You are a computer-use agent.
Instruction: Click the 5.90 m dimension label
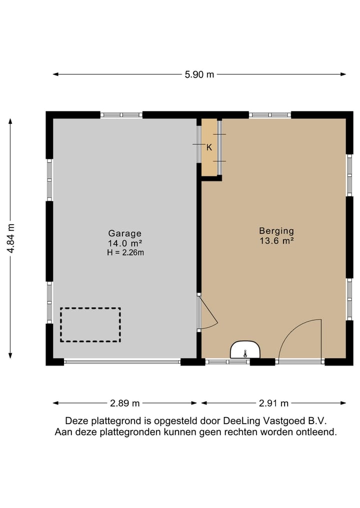199,75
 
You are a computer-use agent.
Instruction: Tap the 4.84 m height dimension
10,238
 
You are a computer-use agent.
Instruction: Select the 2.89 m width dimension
125,403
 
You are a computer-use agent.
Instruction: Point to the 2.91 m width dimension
274,403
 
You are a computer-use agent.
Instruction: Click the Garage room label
124,233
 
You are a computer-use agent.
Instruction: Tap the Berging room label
276,231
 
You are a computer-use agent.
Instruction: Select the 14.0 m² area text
124,243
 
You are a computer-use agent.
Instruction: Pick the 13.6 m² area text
276,241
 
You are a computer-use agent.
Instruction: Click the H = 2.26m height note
124,252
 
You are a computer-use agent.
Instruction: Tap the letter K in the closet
209,147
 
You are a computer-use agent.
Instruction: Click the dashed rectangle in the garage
90,325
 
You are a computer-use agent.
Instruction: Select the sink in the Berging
245,350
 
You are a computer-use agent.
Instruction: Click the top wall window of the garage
121,115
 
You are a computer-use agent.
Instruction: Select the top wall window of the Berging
269,115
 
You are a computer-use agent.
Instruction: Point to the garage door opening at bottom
122,362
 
